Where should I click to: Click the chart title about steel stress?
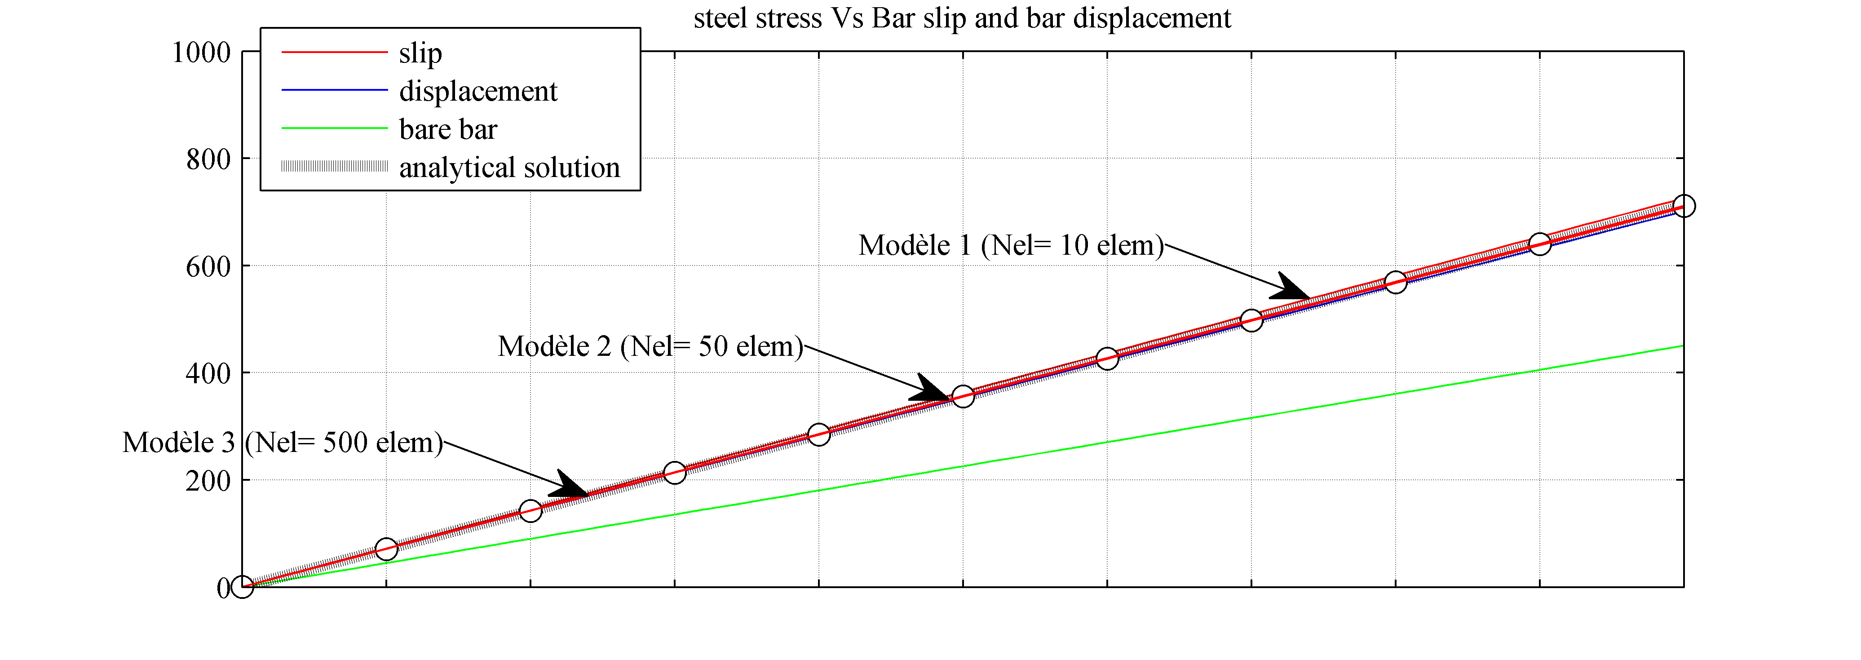click(x=962, y=18)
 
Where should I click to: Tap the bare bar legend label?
click(x=448, y=129)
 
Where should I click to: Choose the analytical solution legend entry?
click(x=509, y=168)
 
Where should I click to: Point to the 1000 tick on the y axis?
click(x=201, y=52)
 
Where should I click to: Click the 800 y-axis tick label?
click(x=208, y=159)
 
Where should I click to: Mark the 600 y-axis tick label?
click(x=208, y=267)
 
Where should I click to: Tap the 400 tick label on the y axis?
click(x=208, y=374)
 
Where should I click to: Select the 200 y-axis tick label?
click(x=208, y=481)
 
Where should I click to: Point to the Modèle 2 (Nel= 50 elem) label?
click(x=650, y=346)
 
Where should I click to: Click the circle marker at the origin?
click(x=242, y=587)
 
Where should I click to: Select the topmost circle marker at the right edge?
click(x=1683, y=206)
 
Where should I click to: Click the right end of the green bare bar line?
click(x=1682, y=346)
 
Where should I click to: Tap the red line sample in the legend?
click(x=335, y=53)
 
